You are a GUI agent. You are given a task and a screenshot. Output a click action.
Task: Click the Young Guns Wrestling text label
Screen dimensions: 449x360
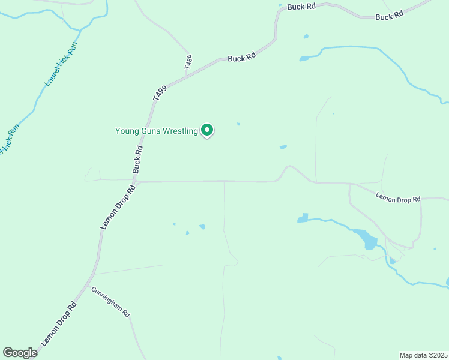pyautogui.click(x=156, y=131)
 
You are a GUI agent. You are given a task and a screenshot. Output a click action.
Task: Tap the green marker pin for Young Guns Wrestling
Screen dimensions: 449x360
pyautogui.click(x=207, y=130)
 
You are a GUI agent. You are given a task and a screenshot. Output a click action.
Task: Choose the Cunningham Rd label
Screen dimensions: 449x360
pyautogui.click(x=110, y=301)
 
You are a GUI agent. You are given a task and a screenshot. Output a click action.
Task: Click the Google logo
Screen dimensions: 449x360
pyautogui.click(x=20, y=353)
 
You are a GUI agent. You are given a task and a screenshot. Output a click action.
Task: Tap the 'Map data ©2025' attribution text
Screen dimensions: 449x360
pyautogui.click(x=424, y=355)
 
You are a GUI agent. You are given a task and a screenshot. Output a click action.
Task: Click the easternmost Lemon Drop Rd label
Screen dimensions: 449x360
pyautogui.click(x=399, y=197)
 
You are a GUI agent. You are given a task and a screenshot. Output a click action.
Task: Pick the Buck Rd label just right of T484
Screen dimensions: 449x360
pyautogui.click(x=242, y=58)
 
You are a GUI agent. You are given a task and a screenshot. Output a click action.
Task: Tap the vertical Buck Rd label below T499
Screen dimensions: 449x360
pyautogui.click(x=137, y=159)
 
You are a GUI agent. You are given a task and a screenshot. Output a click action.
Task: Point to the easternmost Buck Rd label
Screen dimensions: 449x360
pyautogui.click(x=388, y=17)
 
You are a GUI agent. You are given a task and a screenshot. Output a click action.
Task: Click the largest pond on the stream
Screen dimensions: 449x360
pyautogui.click(x=366, y=239)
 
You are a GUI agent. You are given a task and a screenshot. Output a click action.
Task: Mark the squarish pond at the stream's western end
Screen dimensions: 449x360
pyautogui.click(x=303, y=218)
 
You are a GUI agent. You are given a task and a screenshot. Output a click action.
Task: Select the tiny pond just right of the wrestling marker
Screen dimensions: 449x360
pyautogui.click(x=238, y=124)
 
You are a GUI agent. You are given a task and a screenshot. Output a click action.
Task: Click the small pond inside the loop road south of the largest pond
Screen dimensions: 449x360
pyautogui.click(x=393, y=260)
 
